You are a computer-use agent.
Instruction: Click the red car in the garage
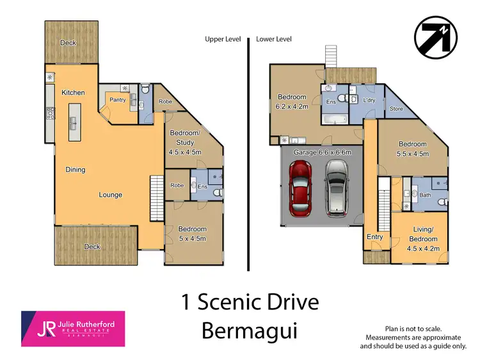301,188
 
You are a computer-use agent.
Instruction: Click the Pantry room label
117,100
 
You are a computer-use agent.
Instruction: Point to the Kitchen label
73,93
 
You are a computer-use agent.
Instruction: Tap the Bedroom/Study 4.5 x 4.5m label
186,142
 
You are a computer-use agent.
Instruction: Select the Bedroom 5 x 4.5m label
192,234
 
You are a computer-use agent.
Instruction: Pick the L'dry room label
369,101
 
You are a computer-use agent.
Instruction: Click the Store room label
396,109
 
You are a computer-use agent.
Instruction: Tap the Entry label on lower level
375,237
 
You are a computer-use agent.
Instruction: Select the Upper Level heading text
223,39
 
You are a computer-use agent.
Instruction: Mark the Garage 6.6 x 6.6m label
323,152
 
